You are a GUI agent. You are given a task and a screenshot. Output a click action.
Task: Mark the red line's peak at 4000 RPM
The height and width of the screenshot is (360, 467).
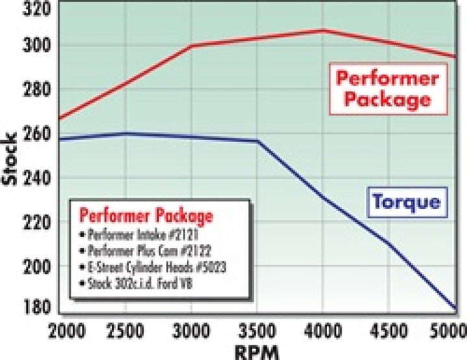point(322,30)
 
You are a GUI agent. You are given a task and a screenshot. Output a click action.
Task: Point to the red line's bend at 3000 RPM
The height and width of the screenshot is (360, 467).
point(193,45)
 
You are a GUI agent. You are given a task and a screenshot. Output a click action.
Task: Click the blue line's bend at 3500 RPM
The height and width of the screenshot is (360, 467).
point(258,141)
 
